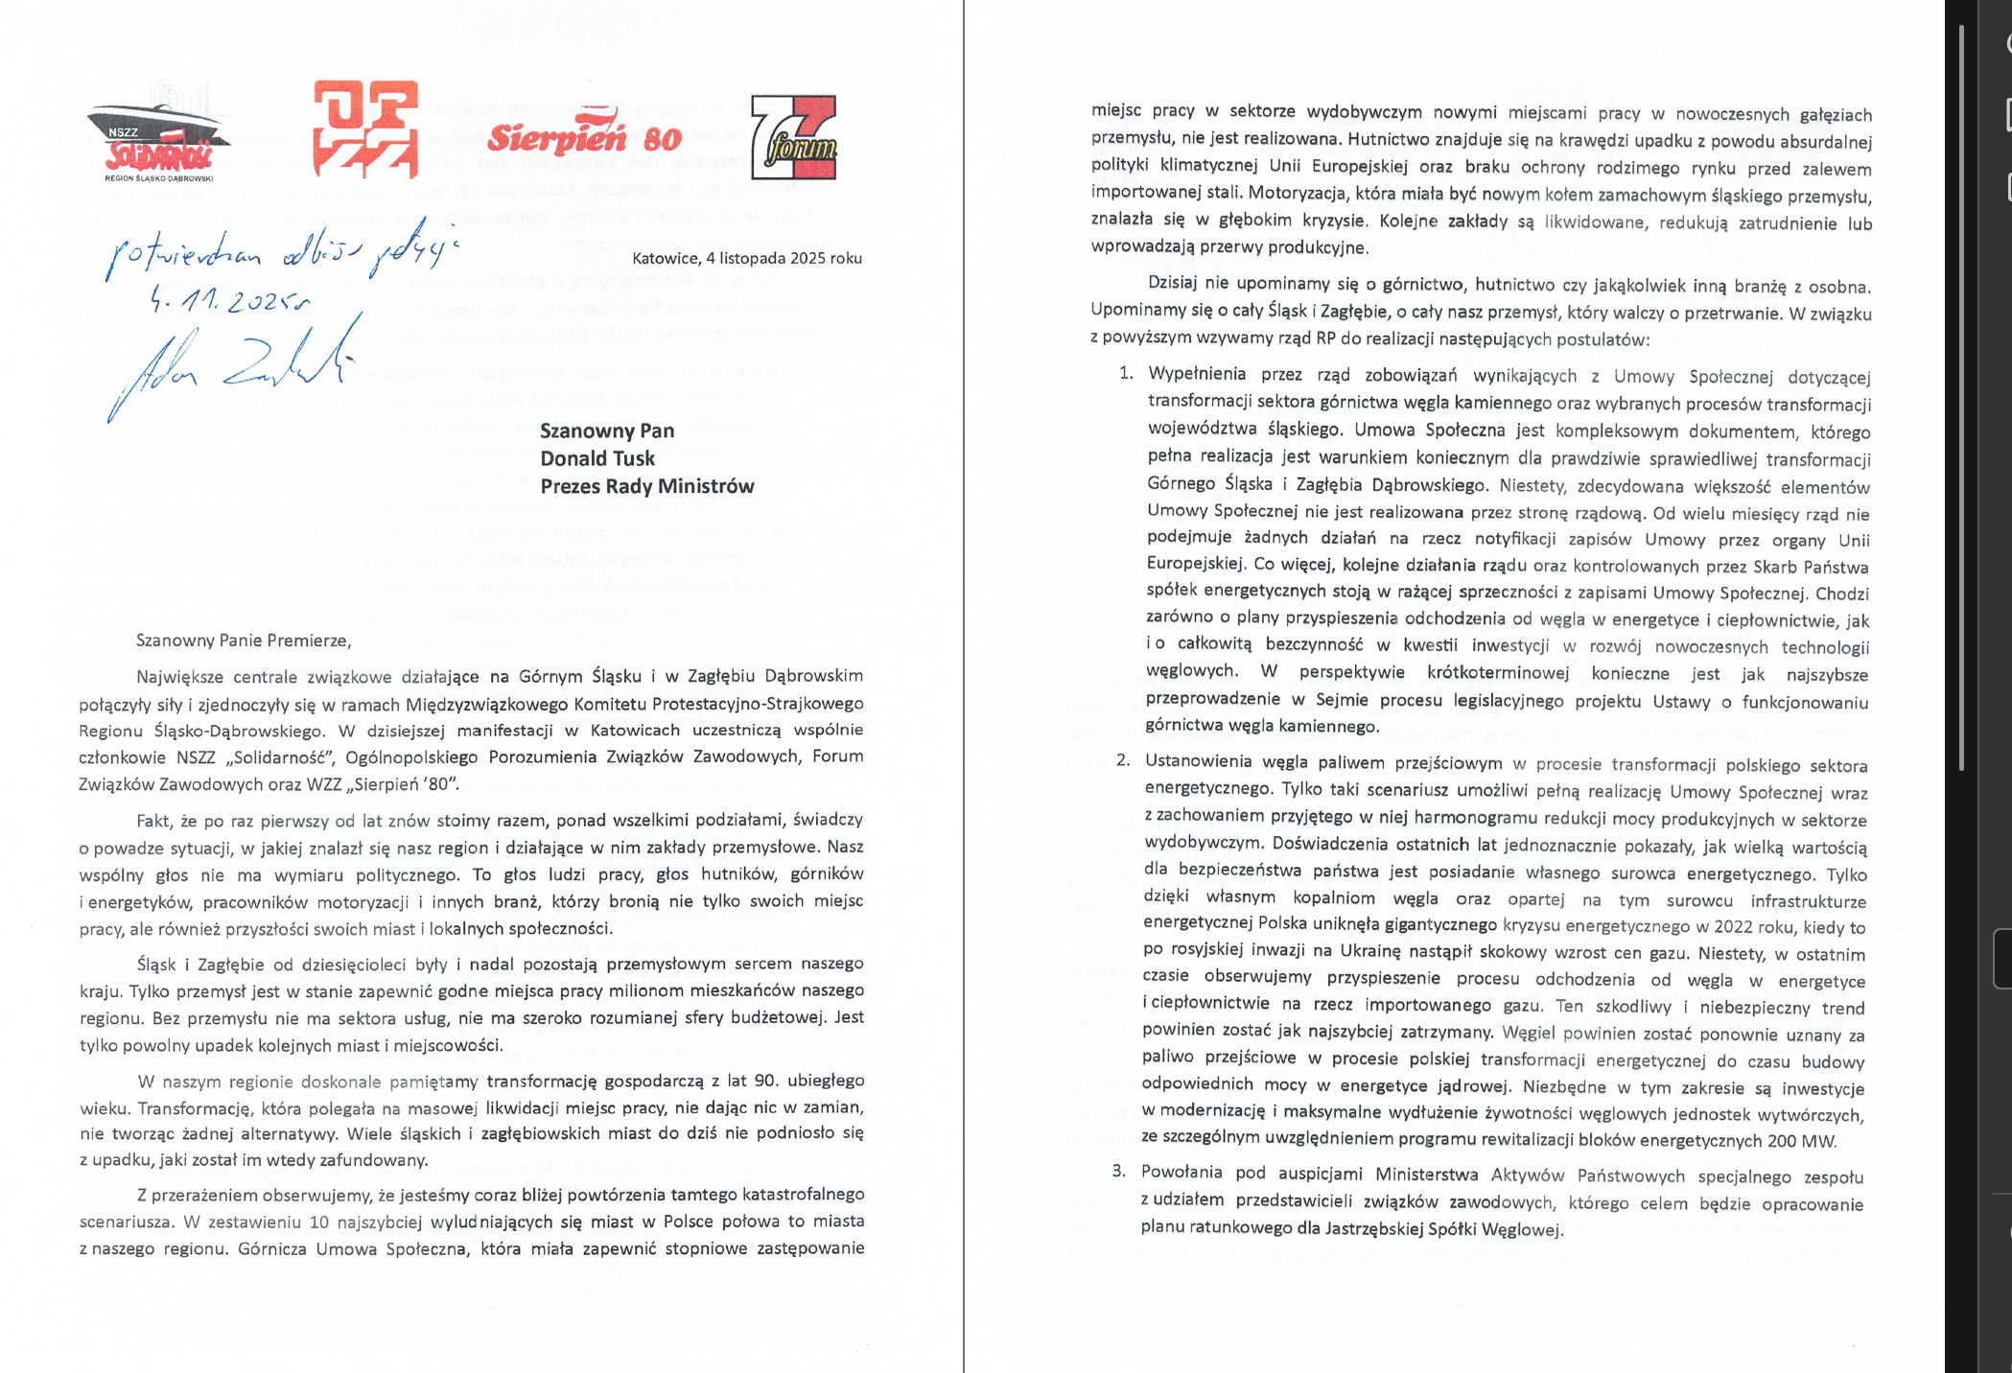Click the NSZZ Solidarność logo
pyautogui.click(x=158, y=143)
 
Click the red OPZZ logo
pyautogui.click(x=365, y=129)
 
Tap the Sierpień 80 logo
pyautogui.click(x=584, y=135)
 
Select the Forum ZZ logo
pyautogui.click(x=793, y=137)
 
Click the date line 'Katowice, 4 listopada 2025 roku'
pyautogui.click(x=746, y=258)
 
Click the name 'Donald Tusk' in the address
pyautogui.click(x=597, y=458)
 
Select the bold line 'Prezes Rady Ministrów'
pyautogui.click(x=647, y=486)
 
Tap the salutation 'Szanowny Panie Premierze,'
pyautogui.click(x=244, y=640)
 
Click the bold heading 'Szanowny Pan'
pyautogui.click(x=607, y=431)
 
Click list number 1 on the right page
pyautogui.click(x=1126, y=374)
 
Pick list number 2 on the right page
pyautogui.click(x=1122, y=761)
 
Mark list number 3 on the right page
pyautogui.click(x=1118, y=1172)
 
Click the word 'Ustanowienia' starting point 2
pyautogui.click(x=1199, y=762)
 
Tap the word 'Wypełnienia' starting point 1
pyautogui.click(x=1197, y=375)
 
